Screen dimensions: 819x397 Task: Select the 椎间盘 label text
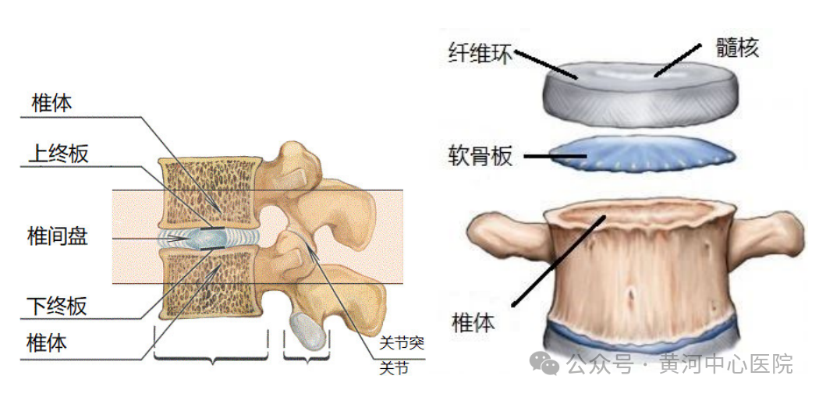58,237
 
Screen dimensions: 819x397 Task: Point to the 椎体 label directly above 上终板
51,104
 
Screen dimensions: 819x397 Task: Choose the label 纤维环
481,54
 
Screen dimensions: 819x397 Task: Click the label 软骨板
480,156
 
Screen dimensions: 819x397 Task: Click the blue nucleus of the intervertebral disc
207,239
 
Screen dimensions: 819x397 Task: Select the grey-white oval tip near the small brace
309,330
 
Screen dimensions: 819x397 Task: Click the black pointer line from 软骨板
555,156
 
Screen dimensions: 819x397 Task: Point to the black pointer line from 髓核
678,60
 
